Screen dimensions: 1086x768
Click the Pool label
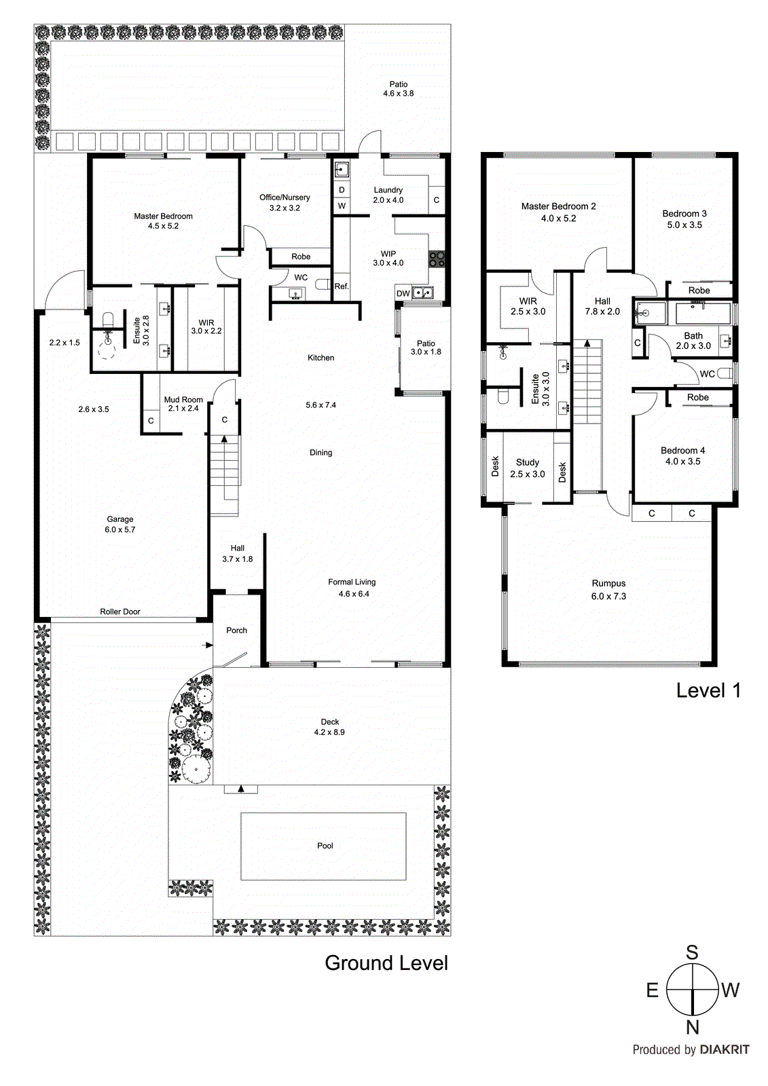click(325, 846)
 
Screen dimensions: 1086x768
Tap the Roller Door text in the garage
click(120, 612)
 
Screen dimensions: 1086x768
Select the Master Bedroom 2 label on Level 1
click(558, 206)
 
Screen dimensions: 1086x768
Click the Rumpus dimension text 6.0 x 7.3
click(608, 597)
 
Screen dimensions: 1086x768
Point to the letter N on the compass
click(692, 1027)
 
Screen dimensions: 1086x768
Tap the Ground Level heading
click(386, 963)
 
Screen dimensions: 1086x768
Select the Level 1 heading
click(708, 691)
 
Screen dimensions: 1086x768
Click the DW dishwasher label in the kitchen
click(403, 294)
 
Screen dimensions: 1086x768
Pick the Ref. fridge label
click(342, 286)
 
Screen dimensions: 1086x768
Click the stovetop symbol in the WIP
click(437, 258)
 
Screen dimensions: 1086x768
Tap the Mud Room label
click(183, 400)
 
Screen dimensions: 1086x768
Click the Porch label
click(236, 631)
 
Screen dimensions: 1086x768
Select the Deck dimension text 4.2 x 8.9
click(329, 732)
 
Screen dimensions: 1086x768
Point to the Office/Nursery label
click(285, 198)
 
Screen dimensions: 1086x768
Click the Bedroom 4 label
click(682, 451)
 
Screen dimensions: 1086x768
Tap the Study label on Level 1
click(528, 462)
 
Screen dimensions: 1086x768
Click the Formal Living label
click(352, 582)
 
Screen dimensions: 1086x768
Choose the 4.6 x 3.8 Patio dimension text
click(398, 94)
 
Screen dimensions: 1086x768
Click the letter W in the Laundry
click(342, 206)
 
